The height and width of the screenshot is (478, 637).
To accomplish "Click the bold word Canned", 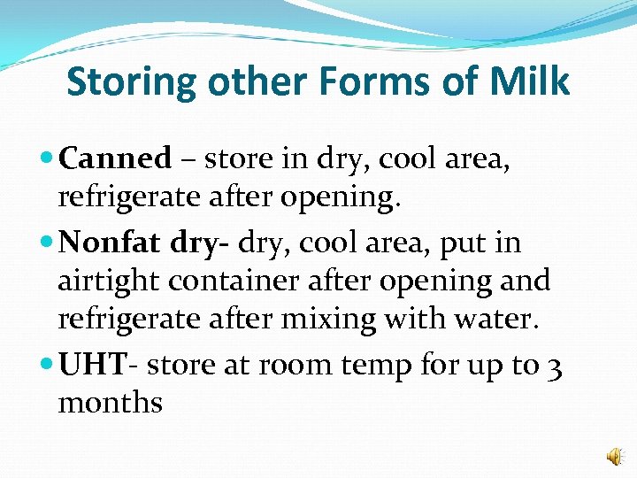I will [x=115, y=159].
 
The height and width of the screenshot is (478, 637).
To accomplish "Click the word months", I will [x=111, y=404].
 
